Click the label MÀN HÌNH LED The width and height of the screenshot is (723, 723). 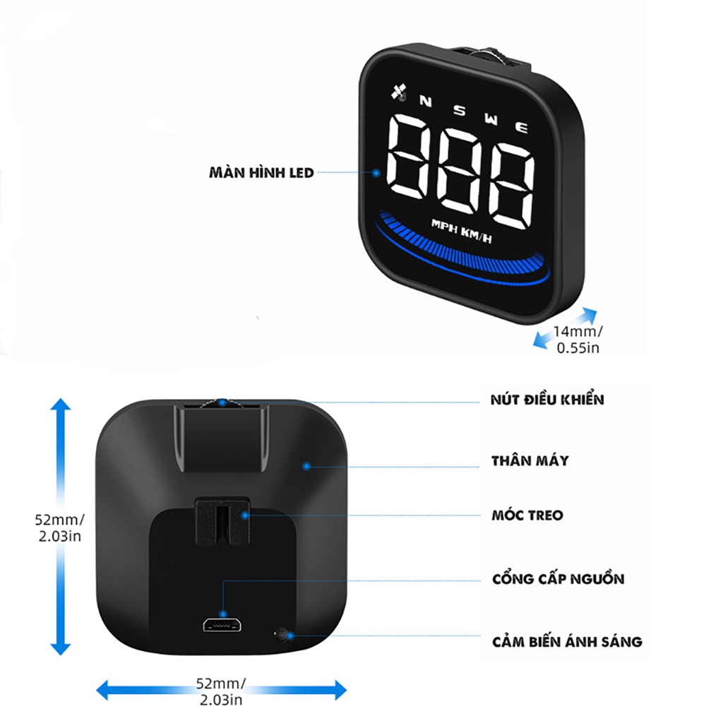click(x=261, y=172)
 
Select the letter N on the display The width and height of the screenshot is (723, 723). click(x=425, y=101)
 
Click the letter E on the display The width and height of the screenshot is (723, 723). click(x=522, y=127)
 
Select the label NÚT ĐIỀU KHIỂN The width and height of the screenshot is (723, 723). click(x=547, y=400)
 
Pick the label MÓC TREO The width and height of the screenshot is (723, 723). click(x=527, y=515)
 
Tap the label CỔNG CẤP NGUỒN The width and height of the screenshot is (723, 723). click(x=558, y=579)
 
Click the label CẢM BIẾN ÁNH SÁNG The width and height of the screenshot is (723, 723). click(x=567, y=642)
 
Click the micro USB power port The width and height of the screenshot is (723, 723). click(x=222, y=625)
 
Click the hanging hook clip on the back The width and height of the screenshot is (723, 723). click(x=222, y=521)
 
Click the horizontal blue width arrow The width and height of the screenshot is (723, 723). click(x=221, y=690)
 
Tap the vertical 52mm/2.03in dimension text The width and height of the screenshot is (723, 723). click(x=59, y=527)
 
